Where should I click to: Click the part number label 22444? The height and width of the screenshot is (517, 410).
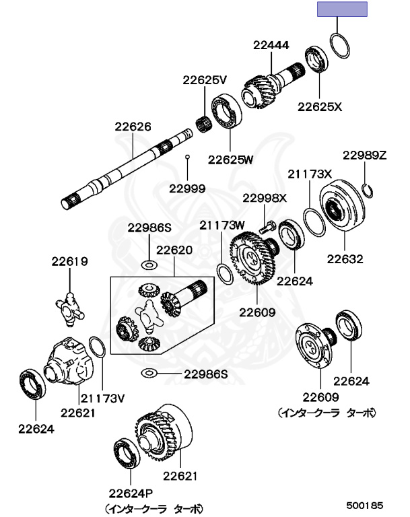click(271, 46)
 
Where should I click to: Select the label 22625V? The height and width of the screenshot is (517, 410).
click(205, 79)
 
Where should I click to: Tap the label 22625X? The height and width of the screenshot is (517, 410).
click(320, 106)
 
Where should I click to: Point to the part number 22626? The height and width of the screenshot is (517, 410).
click(133, 126)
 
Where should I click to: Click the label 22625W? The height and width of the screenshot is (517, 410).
click(230, 160)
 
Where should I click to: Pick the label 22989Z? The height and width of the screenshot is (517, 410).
click(364, 155)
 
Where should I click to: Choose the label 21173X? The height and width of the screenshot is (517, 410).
click(310, 174)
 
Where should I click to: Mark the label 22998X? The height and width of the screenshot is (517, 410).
click(265, 198)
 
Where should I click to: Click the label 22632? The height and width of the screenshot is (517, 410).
click(345, 258)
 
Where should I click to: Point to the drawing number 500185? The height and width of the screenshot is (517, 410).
click(365, 503)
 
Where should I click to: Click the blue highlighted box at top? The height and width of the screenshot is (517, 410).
click(343, 9)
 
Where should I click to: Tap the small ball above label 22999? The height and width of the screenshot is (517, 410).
click(189, 158)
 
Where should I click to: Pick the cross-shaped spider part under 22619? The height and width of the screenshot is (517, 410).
click(70, 305)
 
